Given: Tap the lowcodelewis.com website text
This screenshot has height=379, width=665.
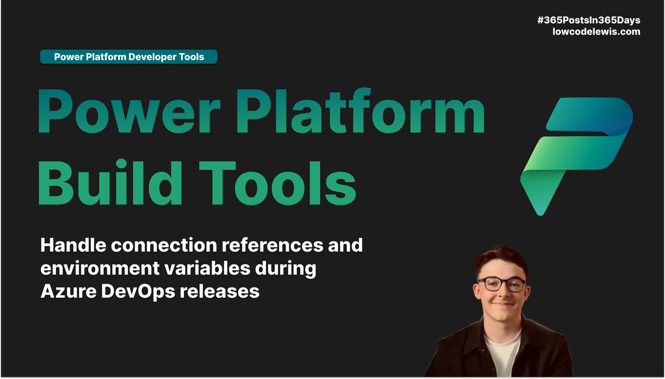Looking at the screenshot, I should (596, 32).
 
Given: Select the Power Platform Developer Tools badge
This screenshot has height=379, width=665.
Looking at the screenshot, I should (129, 57).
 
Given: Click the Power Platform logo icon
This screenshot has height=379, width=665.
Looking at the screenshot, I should (576, 155).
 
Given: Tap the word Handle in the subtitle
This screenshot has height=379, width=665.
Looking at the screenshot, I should (71, 245).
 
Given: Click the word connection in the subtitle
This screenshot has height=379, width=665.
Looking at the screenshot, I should (161, 245).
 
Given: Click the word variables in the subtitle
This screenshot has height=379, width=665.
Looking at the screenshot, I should (208, 268).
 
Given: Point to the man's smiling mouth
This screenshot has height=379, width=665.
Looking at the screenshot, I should (502, 304).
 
